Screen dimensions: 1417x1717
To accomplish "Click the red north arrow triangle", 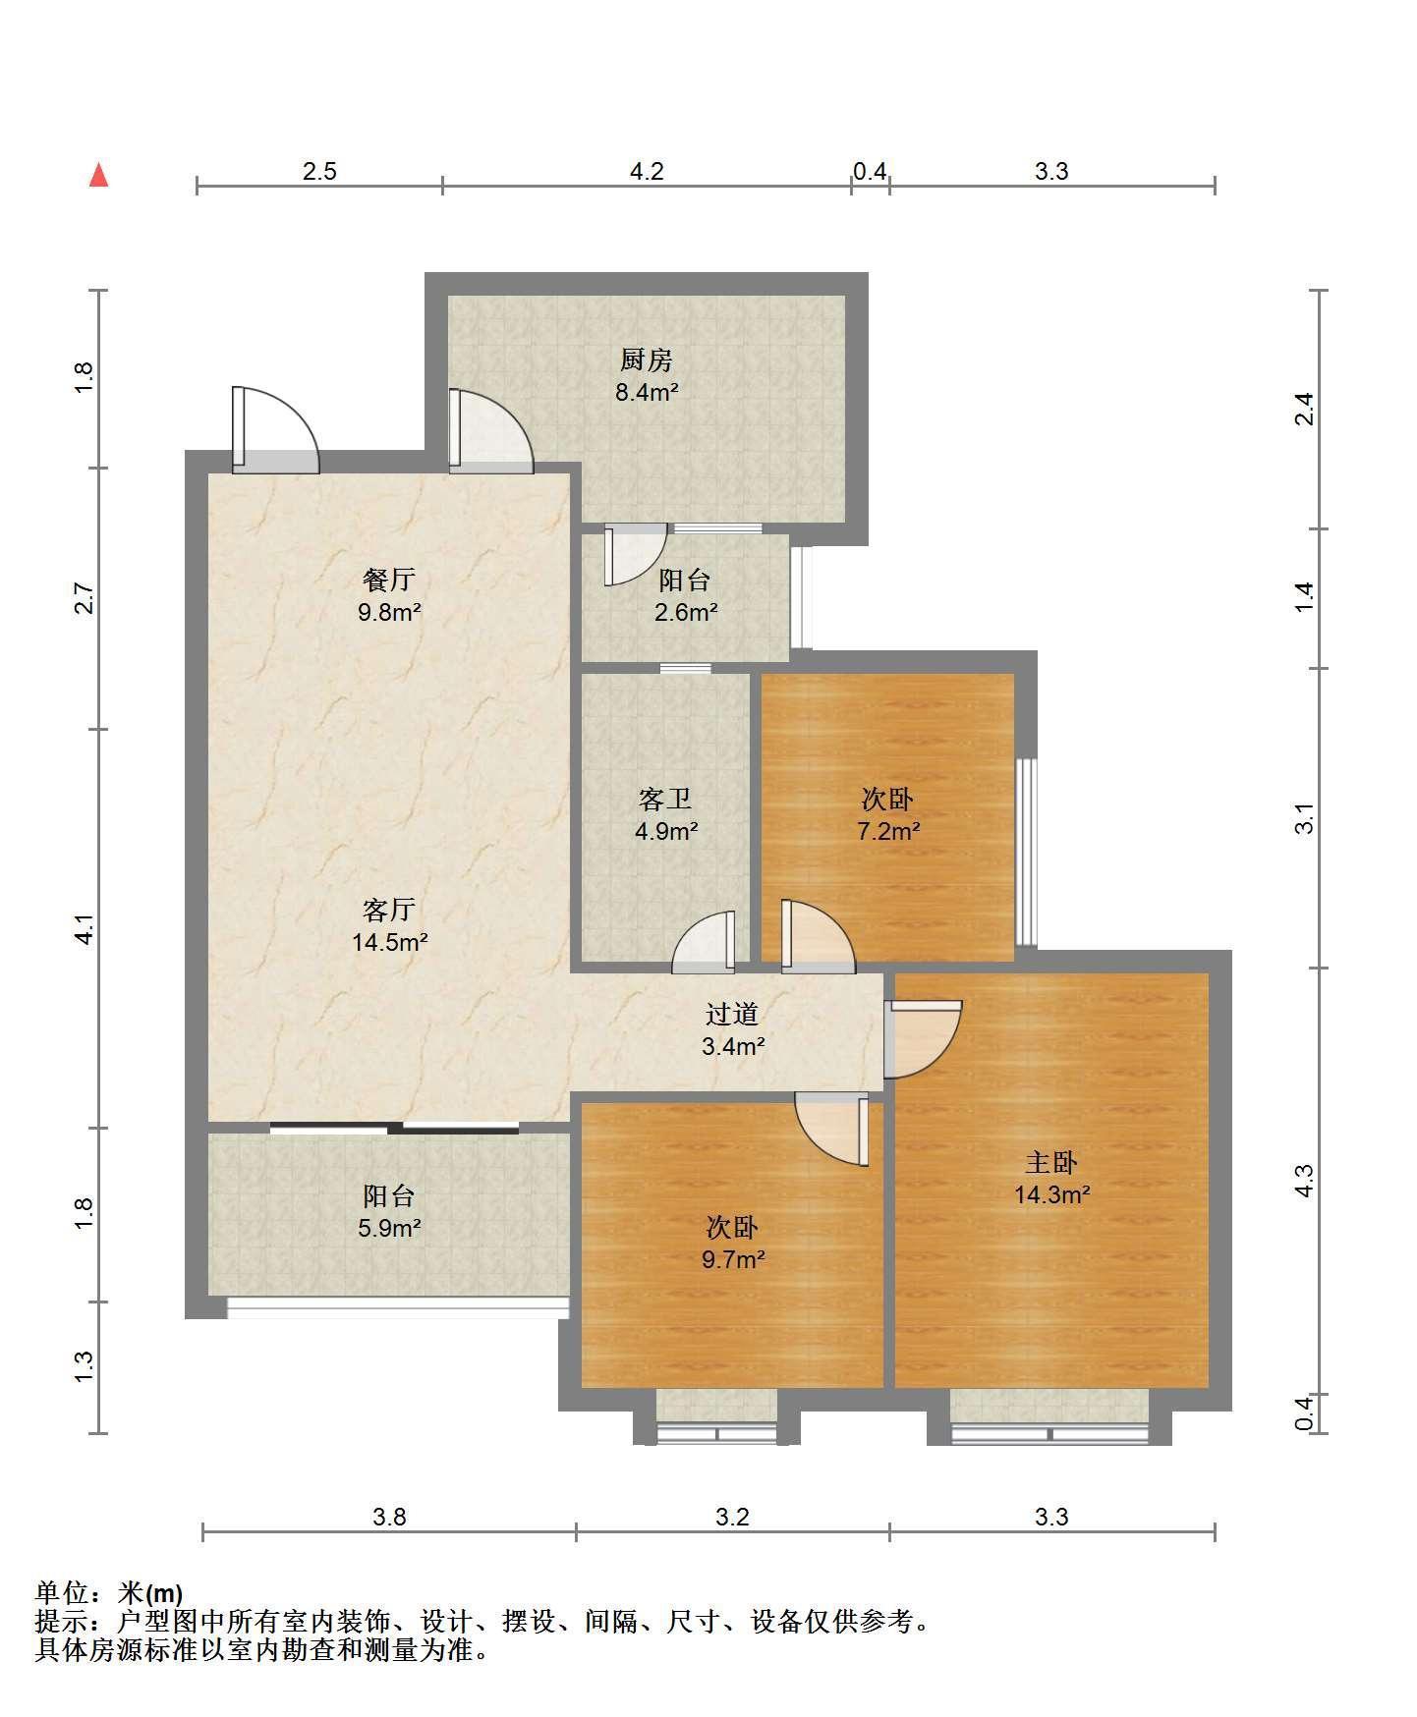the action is (98, 175).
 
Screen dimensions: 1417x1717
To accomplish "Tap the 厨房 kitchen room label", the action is (647, 360).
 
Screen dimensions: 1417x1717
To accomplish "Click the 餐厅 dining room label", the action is (390, 580).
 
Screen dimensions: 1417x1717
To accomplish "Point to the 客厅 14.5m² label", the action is (390, 926).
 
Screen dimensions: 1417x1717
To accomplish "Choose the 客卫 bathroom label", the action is (665, 800).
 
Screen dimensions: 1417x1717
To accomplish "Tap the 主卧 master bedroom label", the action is (1051, 1163).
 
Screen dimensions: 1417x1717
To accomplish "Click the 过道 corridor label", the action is (732, 1014).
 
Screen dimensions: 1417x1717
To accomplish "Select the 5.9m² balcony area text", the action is (390, 1228).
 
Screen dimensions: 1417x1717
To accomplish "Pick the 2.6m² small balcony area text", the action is (686, 613).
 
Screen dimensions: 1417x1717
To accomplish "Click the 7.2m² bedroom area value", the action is (888, 832).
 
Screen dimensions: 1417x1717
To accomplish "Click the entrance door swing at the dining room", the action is (274, 429).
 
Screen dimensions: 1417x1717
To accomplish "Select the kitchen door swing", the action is (490, 429).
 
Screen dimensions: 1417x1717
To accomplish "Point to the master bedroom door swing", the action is (923, 1039).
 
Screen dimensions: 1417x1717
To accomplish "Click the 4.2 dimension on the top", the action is (647, 172).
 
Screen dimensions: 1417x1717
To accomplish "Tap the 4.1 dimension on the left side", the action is (85, 929).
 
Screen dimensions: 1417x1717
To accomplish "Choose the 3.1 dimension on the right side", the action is (1304, 818).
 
